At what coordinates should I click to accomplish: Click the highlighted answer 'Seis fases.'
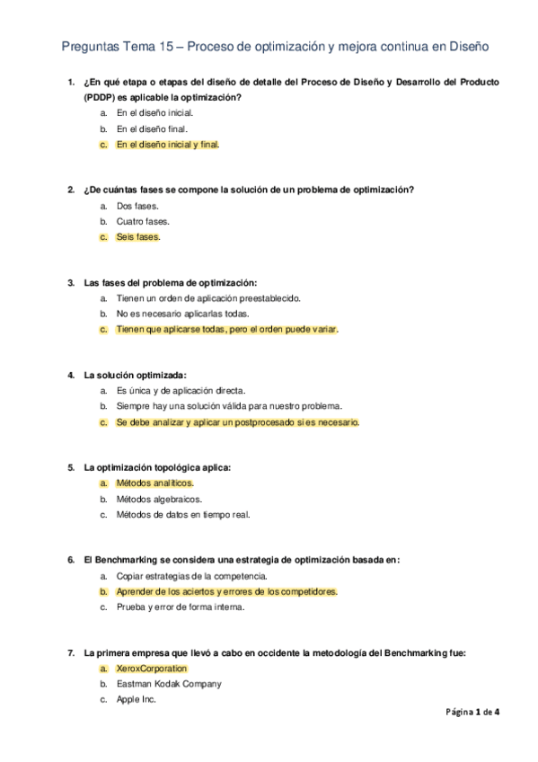[x=138, y=237]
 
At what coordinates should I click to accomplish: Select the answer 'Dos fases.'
[x=137, y=206]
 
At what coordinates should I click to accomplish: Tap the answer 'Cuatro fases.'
[x=143, y=221]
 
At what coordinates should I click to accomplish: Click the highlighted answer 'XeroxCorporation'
[x=152, y=669]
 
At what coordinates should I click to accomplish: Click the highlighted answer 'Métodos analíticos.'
[x=154, y=483]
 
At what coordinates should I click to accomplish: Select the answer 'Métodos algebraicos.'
[x=159, y=499]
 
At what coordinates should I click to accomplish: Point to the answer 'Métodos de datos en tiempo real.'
[x=182, y=515]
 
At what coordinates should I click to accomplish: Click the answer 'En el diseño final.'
[x=152, y=128]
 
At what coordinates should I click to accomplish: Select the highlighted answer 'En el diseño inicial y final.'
[x=167, y=144]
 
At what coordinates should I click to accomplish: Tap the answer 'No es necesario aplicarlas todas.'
[x=182, y=314]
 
